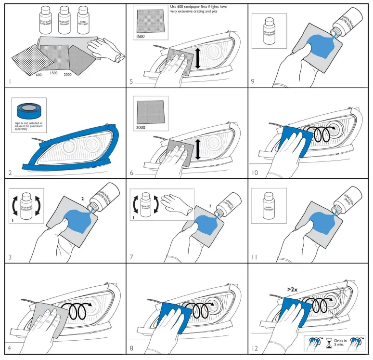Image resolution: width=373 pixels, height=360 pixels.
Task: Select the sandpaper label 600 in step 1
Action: point(38,75)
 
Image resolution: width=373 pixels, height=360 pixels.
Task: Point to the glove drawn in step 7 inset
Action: point(175,200)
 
